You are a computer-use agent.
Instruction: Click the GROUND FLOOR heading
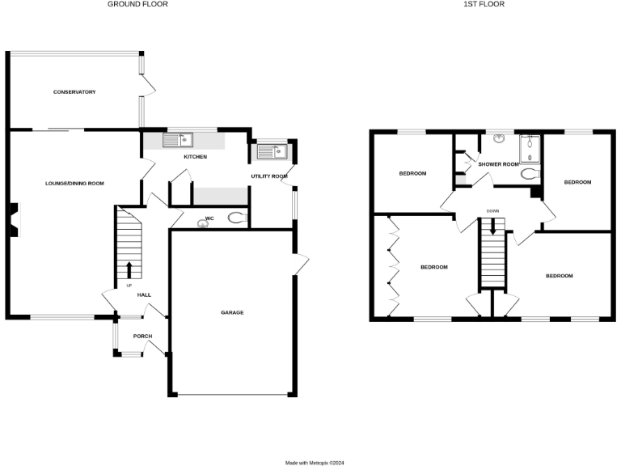tap(138, 4)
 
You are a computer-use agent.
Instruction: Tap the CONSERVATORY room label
tap(74, 92)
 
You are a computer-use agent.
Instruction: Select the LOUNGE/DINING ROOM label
tap(74, 184)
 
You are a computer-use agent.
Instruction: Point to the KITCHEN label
tap(196, 156)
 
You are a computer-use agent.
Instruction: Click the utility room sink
tap(272, 150)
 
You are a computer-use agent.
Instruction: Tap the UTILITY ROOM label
tap(269, 176)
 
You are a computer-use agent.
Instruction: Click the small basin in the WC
tap(201, 225)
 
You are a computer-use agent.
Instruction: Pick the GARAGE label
tap(232, 312)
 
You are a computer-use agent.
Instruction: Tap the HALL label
tap(144, 295)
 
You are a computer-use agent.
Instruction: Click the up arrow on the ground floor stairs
tap(129, 269)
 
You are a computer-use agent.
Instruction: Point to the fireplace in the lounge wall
tap(14, 220)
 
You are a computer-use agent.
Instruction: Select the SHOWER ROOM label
tap(498, 164)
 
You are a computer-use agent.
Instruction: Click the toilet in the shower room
tap(530, 174)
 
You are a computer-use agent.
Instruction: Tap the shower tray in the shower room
tap(530, 147)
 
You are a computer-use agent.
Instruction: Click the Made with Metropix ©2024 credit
tap(315, 463)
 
